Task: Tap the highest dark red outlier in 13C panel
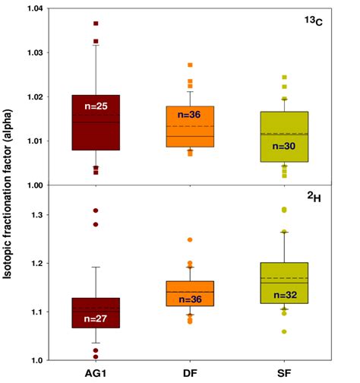(x=96, y=24)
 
